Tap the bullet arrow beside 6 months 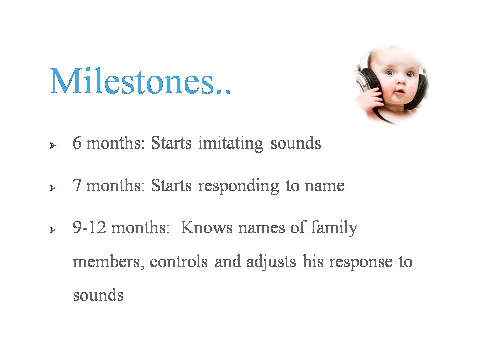(53, 145)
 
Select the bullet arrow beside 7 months (53, 188)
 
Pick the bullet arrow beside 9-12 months (53, 230)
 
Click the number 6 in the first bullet (77, 143)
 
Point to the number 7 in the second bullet (77, 185)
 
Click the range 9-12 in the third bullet (89, 228)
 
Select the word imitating (231, 144)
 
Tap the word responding (239, 186)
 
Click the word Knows (206, 228)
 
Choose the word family (334, 228)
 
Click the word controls (179, 262)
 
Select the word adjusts (271, 262)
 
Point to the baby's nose (400, 81)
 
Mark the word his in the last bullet (313, 262)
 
